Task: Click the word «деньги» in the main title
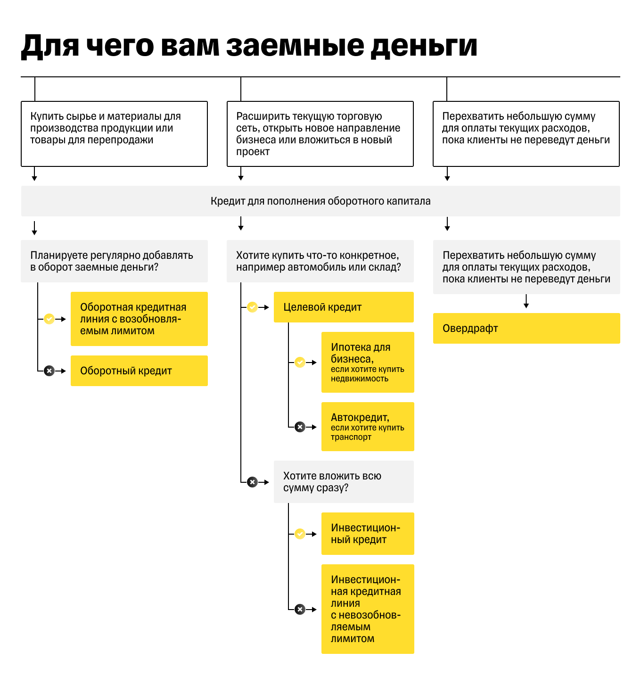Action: [x=424, y=47]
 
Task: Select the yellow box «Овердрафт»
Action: [x=526, y=328]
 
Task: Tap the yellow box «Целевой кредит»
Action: [x=343, y=307]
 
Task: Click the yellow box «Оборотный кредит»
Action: [x=139, y=371]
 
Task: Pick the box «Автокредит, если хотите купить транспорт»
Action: [x=368, y=427]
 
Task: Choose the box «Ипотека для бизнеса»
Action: [x=368, y=362]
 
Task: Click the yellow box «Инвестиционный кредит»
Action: [x=368, y=534]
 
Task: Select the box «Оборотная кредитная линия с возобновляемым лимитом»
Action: [x=139, y=319]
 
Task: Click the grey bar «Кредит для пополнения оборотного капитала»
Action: [x=320, y=201]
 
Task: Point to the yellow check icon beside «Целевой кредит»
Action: [x=253, y=307]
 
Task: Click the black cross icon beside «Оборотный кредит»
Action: [x=49, y=371]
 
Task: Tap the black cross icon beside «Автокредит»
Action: [x=300, y=427]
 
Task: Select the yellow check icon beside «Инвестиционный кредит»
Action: [x=300, y=534]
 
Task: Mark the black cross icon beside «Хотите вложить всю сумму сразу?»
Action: [x=253, y=482]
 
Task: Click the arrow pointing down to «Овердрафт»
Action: [x=526, y=302]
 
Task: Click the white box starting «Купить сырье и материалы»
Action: [x=114, y=134]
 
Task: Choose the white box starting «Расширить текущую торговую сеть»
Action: [x=320, y=134]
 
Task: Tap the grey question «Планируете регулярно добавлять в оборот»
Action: [x=114, y=261]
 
